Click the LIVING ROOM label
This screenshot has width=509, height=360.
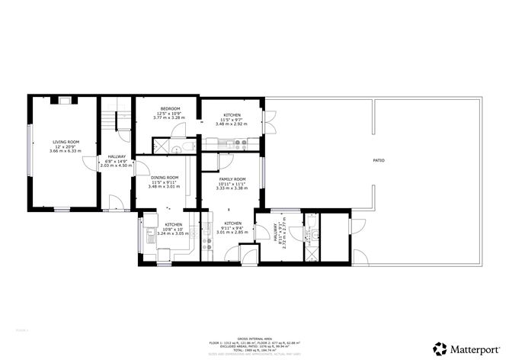coord(65,142)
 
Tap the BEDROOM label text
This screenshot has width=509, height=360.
coord(169,109)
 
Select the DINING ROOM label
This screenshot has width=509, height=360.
coord(164,178)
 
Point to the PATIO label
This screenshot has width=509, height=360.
coord(378,161)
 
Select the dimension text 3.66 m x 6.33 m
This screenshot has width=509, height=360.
coord(65,151)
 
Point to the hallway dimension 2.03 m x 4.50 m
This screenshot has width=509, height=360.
coord(117,166)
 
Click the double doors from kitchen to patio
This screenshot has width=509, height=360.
coord(267,122)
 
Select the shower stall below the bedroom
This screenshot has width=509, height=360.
coord(162,147)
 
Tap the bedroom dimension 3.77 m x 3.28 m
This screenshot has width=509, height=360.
coord(169,118)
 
